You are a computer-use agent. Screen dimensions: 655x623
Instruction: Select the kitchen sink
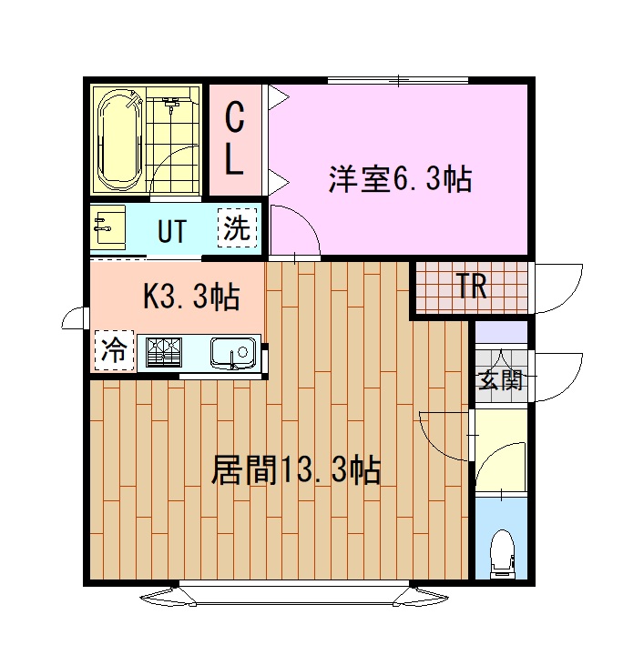tap(232, 351)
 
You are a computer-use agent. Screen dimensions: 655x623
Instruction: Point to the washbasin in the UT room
tap(108, 227)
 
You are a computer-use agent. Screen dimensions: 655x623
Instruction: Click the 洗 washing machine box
tap(236, 228)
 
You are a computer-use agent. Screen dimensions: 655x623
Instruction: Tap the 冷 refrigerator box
tap(114, 350)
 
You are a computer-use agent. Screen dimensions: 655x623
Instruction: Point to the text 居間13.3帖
tap(295, 470)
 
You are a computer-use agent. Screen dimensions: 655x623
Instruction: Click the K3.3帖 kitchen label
tap(192, 296)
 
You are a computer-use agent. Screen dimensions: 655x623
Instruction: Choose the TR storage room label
tap(471, 288)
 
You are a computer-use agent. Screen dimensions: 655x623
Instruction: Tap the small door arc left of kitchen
tap(71, 318)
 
